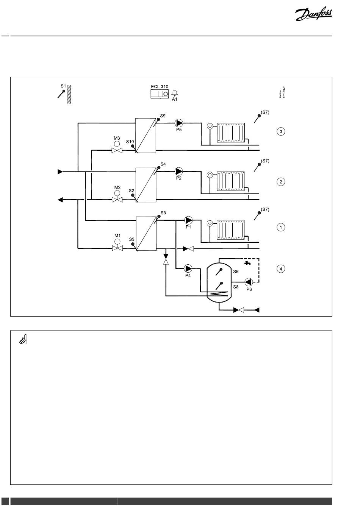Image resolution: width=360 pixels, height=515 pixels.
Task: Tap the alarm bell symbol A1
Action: (175, 93)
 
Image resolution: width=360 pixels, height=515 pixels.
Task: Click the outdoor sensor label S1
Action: (63, 86)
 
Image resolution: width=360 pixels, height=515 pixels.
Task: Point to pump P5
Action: (179, 123)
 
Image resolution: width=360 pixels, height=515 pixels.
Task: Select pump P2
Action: (179, 171)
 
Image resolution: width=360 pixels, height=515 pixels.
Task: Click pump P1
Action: (188, 220)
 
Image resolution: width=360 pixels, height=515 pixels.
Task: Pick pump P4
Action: (188, 268)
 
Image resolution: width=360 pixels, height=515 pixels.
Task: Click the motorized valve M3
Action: (117, 150)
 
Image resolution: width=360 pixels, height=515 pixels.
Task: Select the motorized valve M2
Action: (117, 199)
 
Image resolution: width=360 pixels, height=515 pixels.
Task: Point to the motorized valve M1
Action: (117, 248)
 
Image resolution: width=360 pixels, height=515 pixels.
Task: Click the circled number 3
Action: (280, 132)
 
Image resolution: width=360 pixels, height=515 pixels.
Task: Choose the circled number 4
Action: (280, 269)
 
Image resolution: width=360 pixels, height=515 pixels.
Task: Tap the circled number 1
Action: (280, 227)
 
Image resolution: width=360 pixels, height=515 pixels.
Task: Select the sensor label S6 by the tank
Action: (236, 272)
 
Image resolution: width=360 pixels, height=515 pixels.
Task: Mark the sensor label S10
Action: (130, 142)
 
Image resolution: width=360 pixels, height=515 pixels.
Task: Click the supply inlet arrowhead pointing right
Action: (60, 172)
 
